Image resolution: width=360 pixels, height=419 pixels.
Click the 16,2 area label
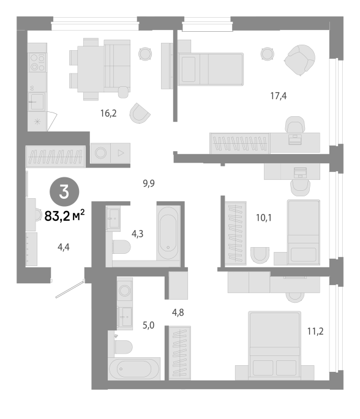click(x=108, y=114)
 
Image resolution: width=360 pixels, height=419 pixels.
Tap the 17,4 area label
click(x=279, y=95)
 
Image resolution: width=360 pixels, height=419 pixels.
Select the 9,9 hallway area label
click(x=149, y=184)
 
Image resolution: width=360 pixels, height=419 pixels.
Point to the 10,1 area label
click(x=264, y=218)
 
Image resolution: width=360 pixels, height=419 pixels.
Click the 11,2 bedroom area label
click(x=315, y=332)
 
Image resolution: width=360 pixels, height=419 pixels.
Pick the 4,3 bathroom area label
click(x=137, y=234)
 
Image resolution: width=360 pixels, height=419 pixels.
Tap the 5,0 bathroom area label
click(x=148, y=325)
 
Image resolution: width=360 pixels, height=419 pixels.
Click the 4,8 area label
click(x=178, y=313)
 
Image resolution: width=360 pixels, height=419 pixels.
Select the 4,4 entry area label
click(x=64, y=247)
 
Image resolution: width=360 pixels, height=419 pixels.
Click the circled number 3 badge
click(x=64, y=192)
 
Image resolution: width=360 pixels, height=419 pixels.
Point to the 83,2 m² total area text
click(x=64, y=215)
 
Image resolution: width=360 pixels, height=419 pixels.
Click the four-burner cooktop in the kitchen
click(x=37, y=62)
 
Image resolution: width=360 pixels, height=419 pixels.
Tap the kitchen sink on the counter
click(x=37, y=102)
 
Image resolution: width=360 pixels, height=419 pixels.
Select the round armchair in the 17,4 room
click(x=299, y=60)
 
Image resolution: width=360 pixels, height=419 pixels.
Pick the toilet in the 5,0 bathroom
click(x=124, y=347)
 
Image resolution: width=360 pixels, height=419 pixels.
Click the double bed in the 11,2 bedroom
click(x=275, y=346)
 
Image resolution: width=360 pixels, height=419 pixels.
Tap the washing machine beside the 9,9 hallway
click(x=101, y=153)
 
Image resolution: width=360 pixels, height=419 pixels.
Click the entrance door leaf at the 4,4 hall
click(x=70, y=289)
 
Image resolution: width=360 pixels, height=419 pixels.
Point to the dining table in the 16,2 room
click(x=91, y=69)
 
